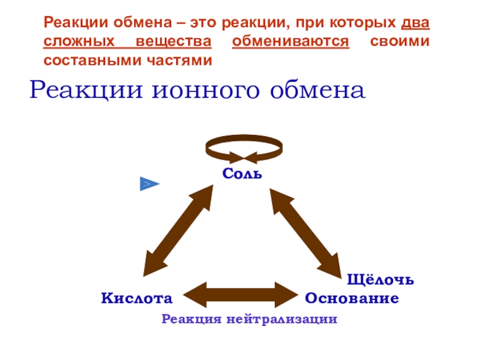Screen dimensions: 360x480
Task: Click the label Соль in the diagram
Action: point(242,174)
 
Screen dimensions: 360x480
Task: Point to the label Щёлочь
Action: point(380,280)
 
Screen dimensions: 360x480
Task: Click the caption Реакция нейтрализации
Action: point(249,319)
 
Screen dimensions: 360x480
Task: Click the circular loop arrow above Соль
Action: point(243,148)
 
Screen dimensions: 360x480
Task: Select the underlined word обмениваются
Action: point(290,43)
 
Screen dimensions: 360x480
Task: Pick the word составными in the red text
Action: point(88,60)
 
